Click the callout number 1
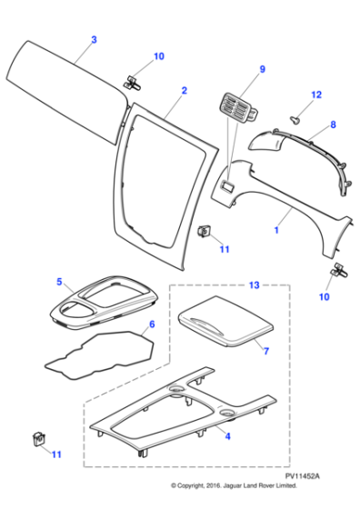[276, 232]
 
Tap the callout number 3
[93, 40]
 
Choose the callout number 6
[151, 324]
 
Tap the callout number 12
[316, 95]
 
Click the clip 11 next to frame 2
[205, 231]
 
